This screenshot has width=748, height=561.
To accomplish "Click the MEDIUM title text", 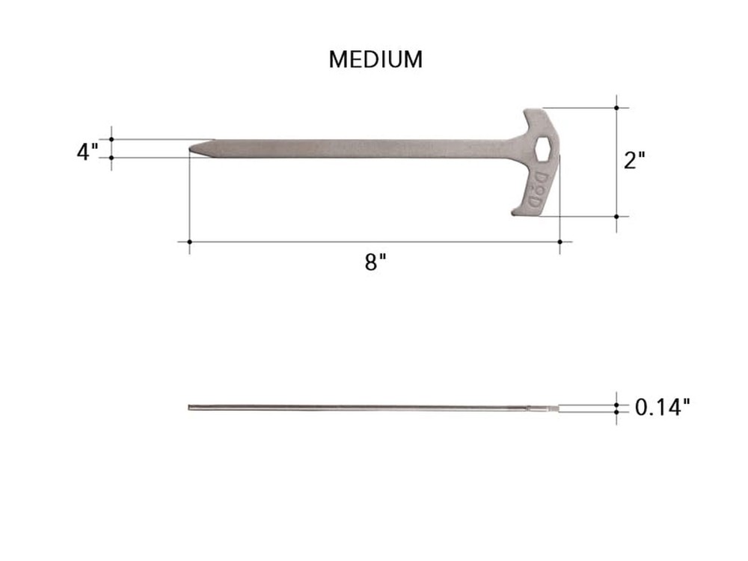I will [375, 60].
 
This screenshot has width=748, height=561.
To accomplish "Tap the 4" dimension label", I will [87, 151].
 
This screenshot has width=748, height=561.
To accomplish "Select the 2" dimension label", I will [634, 160].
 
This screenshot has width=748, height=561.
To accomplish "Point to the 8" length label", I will [375, 263].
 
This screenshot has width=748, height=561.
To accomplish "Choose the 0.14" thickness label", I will [662, 408].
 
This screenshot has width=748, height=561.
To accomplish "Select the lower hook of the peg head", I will [524, 209].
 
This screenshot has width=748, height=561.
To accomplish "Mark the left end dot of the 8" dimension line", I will [189, 242].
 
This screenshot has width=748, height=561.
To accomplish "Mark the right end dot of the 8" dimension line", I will [560, 242].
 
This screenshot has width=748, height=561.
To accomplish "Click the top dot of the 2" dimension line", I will [617, 108].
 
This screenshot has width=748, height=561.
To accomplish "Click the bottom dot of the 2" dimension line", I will [617, 216].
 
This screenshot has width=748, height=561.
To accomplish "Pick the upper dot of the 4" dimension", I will [111, 139].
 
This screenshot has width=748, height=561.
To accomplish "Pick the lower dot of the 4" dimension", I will [111, 157].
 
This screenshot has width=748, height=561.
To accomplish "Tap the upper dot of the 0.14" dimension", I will [617, 405].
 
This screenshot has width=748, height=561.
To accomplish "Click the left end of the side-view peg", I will [190, 408].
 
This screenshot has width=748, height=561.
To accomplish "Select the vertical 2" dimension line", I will [617, 162].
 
